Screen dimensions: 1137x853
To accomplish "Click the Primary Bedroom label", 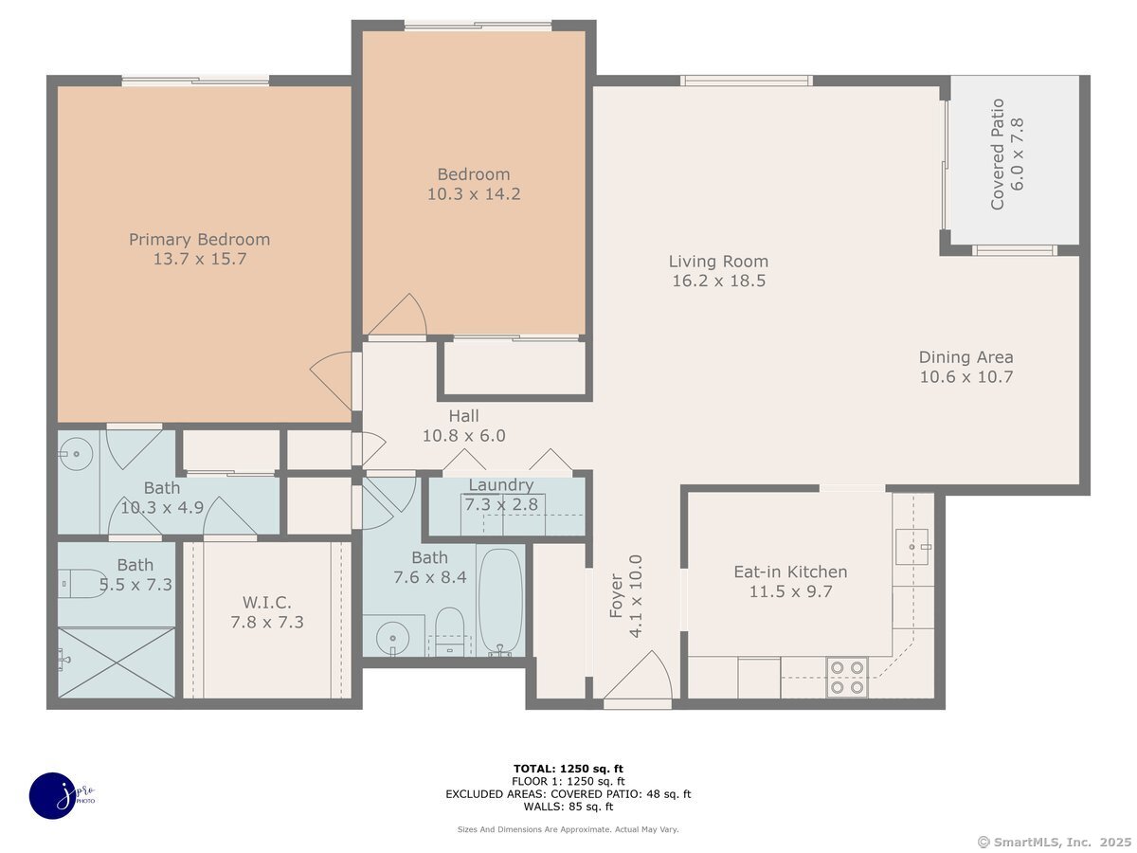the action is [x=199, y=239].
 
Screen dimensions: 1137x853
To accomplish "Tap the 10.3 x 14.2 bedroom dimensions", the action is [x=474, y=194].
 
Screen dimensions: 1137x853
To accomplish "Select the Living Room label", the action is [x=718, y=261].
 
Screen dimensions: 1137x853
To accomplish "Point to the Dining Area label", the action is [x=966, y=357].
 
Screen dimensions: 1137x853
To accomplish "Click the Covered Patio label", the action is [x=997, y=154].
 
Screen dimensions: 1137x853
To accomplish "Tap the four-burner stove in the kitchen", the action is [x=847, y=678].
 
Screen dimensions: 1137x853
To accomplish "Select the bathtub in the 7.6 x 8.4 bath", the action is [x=500, y=602].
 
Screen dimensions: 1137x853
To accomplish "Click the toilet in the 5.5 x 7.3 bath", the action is [x=81, y=584].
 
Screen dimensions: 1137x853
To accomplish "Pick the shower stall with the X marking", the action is [x=116, y=662].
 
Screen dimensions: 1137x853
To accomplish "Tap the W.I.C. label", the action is [x=267, y=602].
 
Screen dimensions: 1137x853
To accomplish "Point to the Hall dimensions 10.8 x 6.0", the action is [x=463, y=436].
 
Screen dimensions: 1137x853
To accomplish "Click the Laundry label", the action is [x=501, y=484].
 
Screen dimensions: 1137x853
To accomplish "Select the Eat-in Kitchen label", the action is [x=790, y=572].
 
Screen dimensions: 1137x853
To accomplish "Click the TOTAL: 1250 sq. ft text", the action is [x=568, y=769].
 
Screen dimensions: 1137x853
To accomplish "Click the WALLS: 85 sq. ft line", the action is [x=568, y=807].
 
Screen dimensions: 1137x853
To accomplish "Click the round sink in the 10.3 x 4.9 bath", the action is [x=76, y=454].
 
